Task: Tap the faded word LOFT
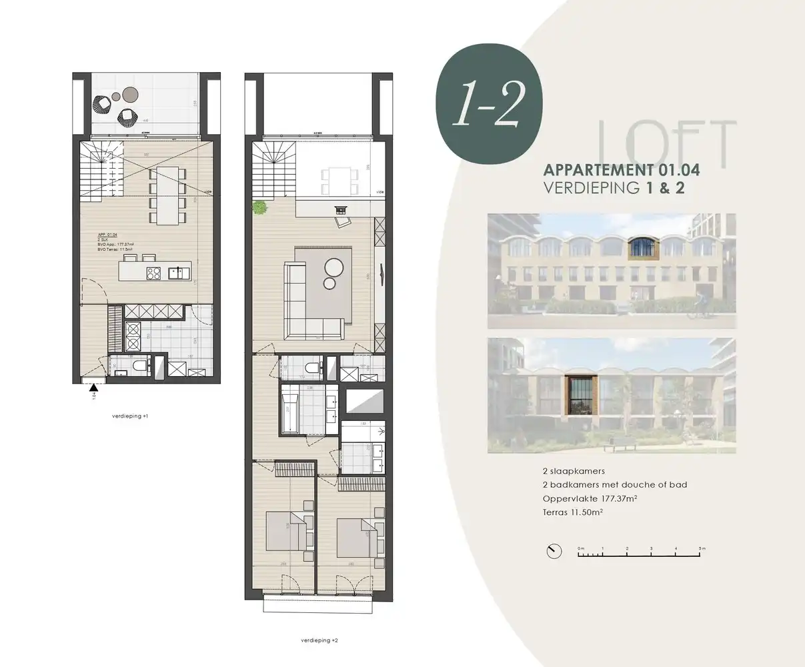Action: point(667,141)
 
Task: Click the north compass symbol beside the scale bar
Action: point(552,551)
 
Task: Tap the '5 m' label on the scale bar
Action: point(701,548)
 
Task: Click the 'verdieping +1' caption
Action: point(130,416)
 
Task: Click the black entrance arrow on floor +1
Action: point(94,387)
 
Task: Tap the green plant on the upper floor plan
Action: point(258,208)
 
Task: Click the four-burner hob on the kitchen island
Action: point(154,272)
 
